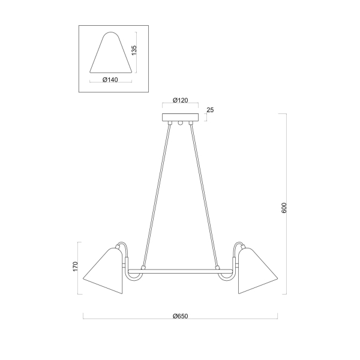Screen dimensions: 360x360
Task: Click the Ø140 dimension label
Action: (x=110, y=80)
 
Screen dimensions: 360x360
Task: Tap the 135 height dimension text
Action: (x=134, y=50)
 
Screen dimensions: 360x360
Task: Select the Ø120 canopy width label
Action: (x=180, y=100)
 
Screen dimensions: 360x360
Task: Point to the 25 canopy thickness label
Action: (x=210, y=110)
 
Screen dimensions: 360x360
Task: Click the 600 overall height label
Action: (x=284, y=208)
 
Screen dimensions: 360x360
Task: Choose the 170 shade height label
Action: (x=76, y=266)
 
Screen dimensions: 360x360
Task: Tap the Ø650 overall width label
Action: (x=180, y=316)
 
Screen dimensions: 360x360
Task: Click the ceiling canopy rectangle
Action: (x=180, y=118)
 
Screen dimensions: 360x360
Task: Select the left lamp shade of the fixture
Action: (x=104, y=271)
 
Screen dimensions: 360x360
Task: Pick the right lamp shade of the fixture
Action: (x=257, y=271)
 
